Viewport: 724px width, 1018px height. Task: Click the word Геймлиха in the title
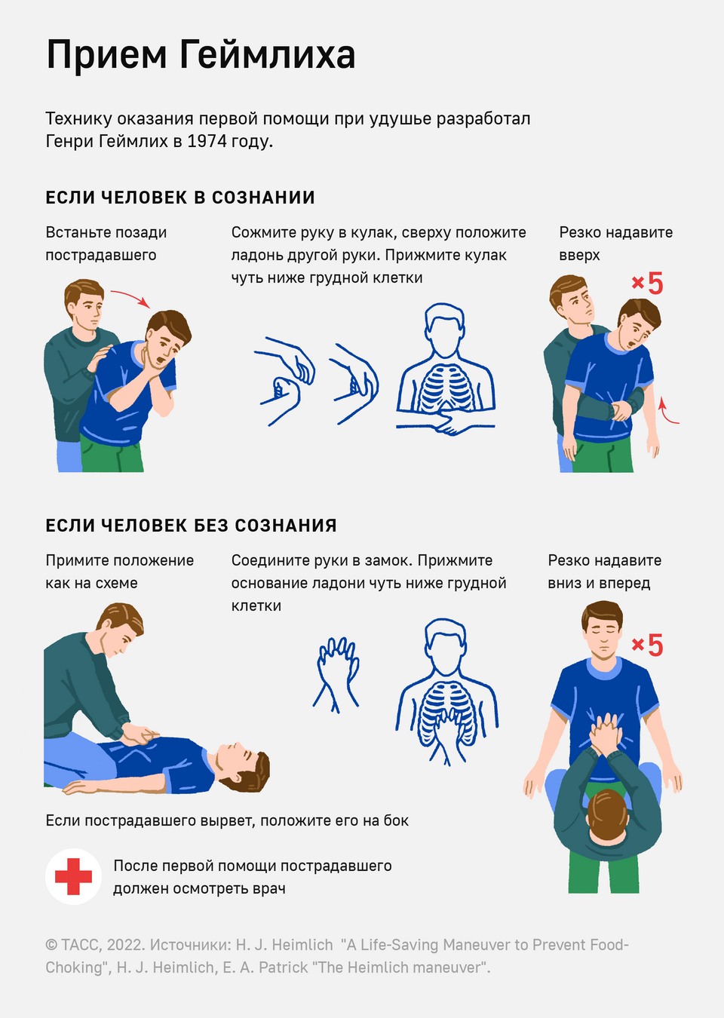[267, 54]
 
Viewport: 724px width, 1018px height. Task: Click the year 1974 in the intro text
[207, 141]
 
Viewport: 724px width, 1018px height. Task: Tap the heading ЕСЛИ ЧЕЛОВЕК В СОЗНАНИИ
[180, 198]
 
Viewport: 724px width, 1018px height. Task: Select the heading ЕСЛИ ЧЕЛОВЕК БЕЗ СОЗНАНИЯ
[191, 526]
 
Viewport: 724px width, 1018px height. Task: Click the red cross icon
[73, 876]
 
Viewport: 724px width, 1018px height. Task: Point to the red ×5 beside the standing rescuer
[647, 283]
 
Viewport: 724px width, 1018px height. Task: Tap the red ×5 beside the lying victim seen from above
[647, 645]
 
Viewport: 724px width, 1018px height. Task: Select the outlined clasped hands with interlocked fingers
[336, 674]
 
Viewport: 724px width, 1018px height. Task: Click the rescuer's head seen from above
[608, 817]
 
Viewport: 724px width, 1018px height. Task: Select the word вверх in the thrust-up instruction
[579, 256]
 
